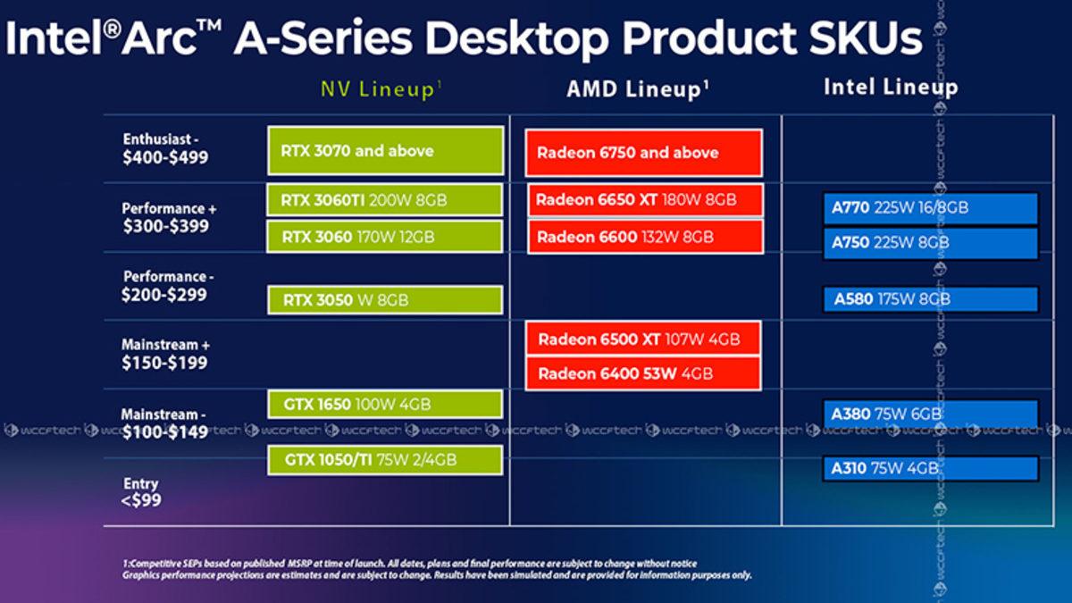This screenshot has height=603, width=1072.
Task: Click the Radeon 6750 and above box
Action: point(644,153)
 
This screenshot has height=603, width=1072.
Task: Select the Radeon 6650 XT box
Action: point(644,200)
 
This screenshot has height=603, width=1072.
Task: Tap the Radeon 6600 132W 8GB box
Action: point(644,237)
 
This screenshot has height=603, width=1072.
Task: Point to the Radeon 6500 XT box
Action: point(644,339)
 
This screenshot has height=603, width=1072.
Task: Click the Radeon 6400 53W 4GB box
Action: point(644,373)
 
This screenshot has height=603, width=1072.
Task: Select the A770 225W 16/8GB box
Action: point(930,208)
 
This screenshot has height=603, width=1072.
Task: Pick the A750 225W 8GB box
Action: point(930,243)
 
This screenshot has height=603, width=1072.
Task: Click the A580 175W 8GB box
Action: point(930,299)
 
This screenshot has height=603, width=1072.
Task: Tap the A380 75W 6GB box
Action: point(930,414)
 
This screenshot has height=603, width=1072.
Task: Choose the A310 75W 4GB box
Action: point(930,468)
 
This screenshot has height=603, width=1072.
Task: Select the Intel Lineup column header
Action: point(890,87)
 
